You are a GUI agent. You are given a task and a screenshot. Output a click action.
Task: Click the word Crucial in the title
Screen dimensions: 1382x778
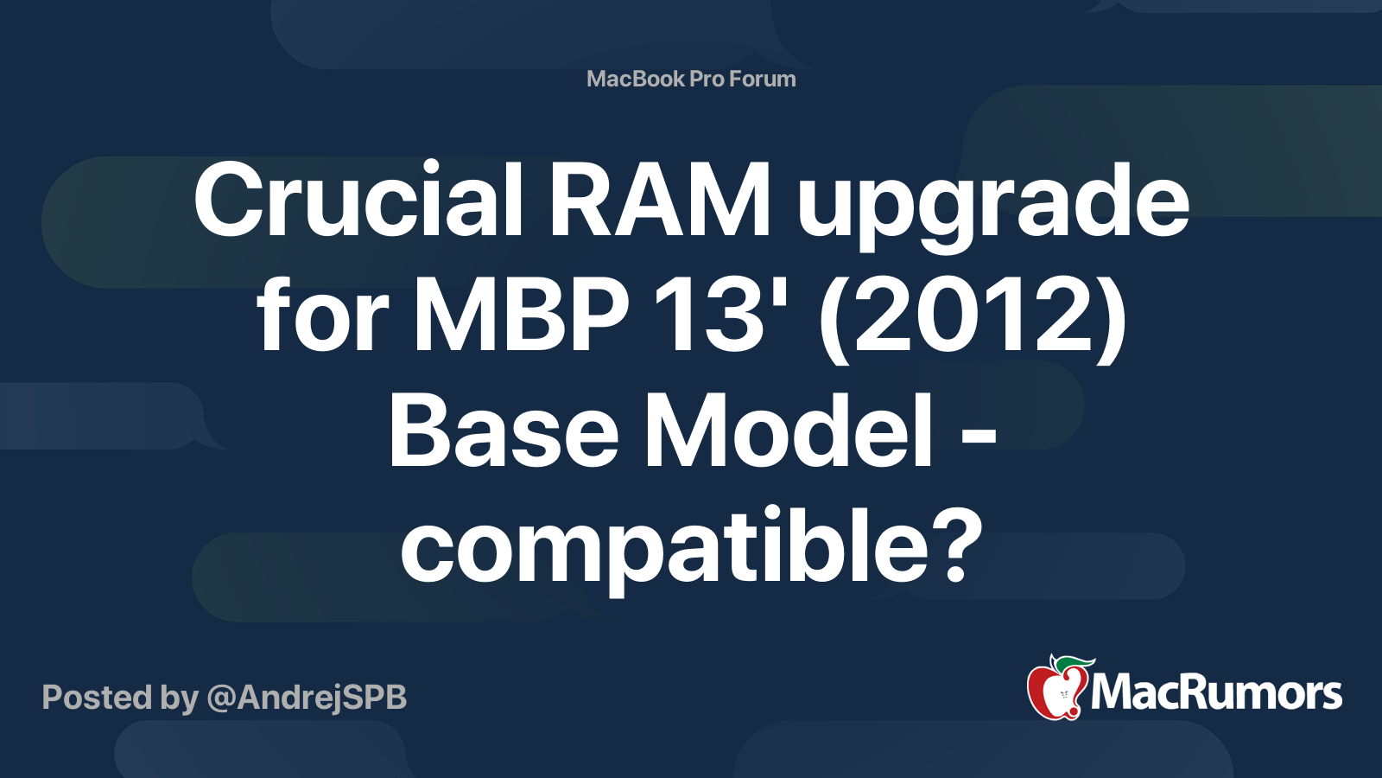pyautogui.click(x=358, y=198)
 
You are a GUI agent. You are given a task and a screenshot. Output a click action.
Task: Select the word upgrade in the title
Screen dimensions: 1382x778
pyautogui.click(x=992, y=207)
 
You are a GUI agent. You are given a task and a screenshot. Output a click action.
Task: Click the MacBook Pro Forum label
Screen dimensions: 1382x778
pyautogui.click(x=691, y=79)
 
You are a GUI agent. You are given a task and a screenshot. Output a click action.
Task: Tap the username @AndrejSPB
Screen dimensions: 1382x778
pyautogui.click(x=307, y=698)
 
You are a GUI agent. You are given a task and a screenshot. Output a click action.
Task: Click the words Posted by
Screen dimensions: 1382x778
pyautogui.click(x=120, y=698)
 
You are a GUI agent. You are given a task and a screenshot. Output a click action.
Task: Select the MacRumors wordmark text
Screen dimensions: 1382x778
pyautogui.click(x=1217, y=693)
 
